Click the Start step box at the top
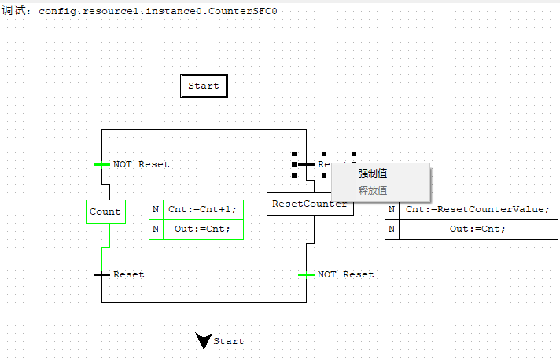click(x=204, y=86)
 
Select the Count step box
click(x=105, y=211)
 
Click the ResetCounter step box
click(x=309, y=204)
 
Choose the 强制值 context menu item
click(x=373, y=174)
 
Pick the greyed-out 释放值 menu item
click(x=373, y=190)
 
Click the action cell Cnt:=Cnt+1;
click(x=202, y=209)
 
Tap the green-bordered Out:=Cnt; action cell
click(x=202, y=229)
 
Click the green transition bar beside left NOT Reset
click(x=101, y=164)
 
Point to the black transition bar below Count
click(x=101, y=274)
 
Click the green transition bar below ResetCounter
click(x=306, y=274)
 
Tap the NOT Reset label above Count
click(x=141, y=164)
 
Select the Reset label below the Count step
click(x=129, y=274)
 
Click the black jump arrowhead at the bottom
click(x=204, y=340)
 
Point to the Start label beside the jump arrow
click(x=229, y=341)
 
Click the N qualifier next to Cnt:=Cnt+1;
click(x=156, y=209)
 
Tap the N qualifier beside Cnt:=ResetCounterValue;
click(x=391, y=209)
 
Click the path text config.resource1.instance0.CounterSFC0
click(x=157, y=12)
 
